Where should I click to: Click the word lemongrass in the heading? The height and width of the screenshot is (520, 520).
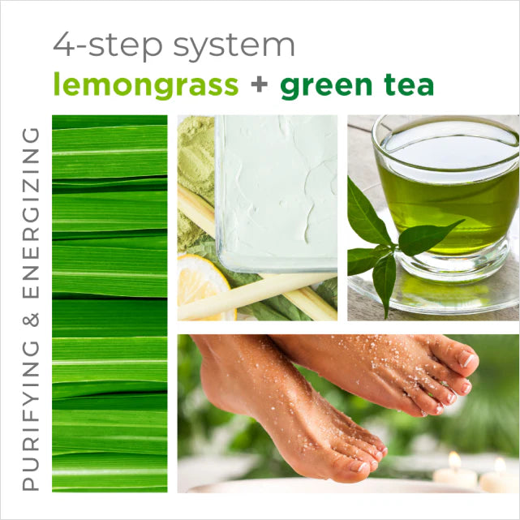(145, 84)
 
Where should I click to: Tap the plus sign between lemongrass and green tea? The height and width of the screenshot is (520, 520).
(259, 85)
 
